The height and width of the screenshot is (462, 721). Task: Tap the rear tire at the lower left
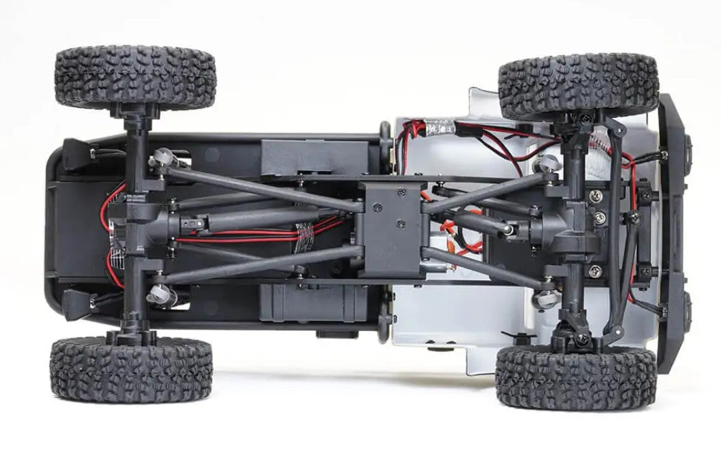(130, 369)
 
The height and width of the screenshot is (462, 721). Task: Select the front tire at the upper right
(578, 86)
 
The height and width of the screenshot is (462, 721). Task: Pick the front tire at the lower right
(575, 377)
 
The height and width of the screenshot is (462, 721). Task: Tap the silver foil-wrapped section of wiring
(435, 126)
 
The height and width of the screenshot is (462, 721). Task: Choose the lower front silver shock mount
(545, 298)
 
